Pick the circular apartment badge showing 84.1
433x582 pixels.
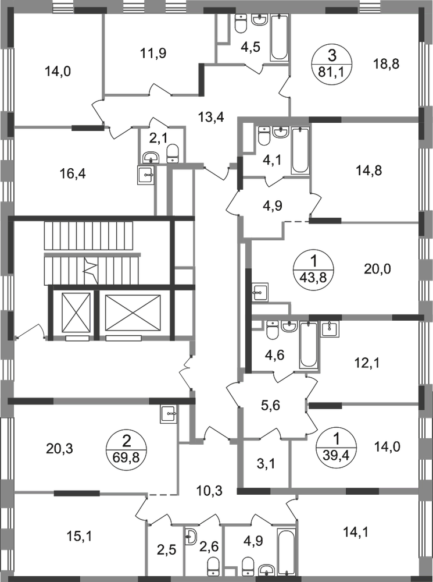(331, 65)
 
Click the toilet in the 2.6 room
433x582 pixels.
(213, 565)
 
